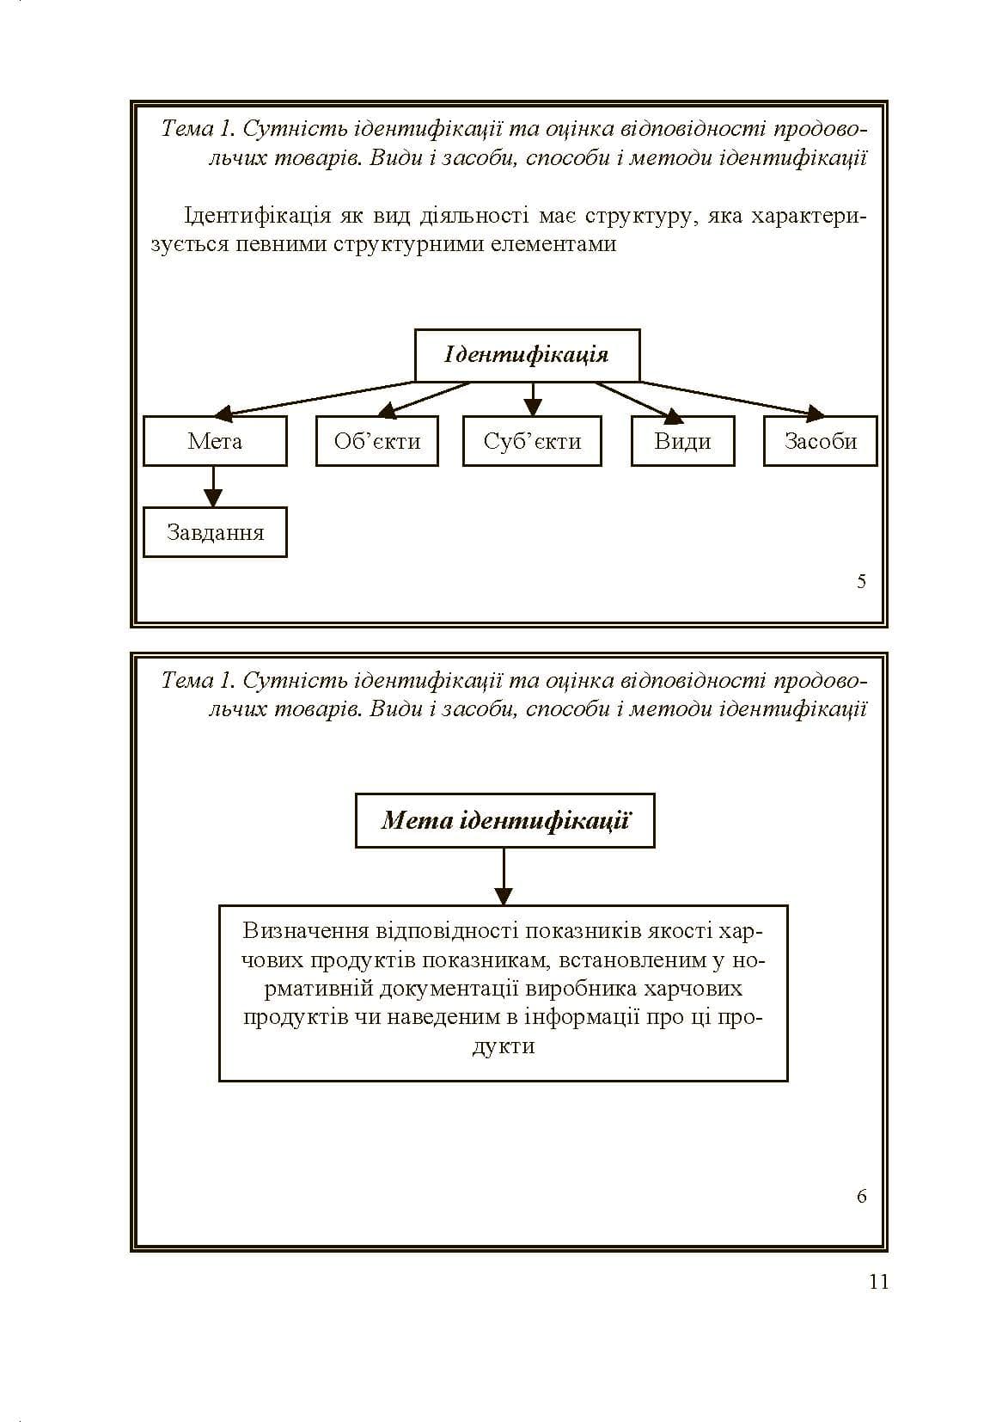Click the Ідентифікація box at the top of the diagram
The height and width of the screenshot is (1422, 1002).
[527, 355]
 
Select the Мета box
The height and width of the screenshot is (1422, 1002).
[215, 441]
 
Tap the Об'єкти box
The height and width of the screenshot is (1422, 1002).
[377, 441]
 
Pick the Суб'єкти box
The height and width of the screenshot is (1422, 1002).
[532, 441]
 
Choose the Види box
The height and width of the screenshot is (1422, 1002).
[683, 441]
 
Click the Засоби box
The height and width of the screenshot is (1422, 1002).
[820, 441]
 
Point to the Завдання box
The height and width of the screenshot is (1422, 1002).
[215, 532]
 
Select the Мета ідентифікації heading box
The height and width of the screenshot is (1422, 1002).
[504, 820]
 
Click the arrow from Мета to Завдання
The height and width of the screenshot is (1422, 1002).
[213, 487]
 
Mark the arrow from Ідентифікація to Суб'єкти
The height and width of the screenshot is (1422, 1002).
[533, 399]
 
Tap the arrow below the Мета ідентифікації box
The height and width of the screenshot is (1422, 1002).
[504, 876]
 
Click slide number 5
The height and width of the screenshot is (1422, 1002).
[861, 581]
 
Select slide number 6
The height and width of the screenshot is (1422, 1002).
[861, 1196]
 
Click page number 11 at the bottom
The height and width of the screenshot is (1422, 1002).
[878, 1282]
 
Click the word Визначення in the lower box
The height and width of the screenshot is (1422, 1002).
[306, 930]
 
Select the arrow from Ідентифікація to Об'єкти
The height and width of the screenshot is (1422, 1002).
[426, 399]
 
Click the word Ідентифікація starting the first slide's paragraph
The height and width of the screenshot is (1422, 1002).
[257, 216]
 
